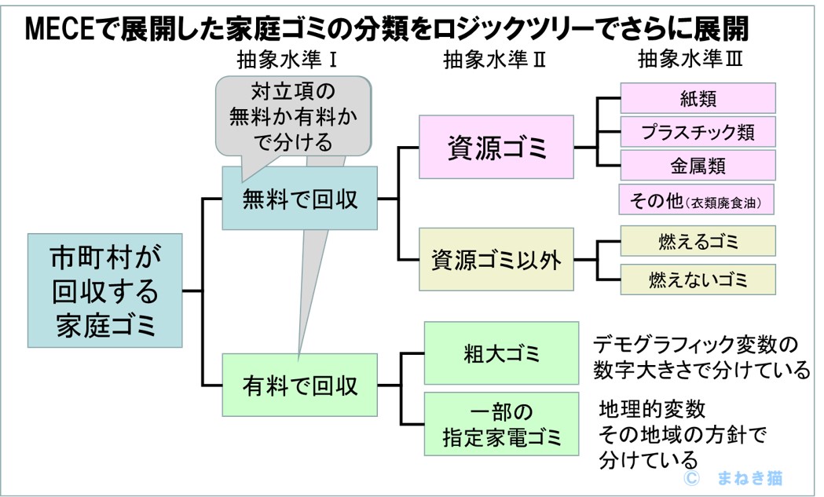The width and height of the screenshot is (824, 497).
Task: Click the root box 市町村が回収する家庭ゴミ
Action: (x=105, y=290)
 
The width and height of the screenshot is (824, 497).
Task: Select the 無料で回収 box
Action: (x=300, y=198)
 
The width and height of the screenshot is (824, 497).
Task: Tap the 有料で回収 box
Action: (x=300, y=384)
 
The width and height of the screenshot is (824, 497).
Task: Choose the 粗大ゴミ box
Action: (x=502, y=353)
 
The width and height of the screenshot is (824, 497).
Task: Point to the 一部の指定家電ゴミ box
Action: (x=502, y=424)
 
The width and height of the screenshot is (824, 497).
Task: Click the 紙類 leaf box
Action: (x=698, y=98)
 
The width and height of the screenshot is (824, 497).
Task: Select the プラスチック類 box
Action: (x=698, y=132)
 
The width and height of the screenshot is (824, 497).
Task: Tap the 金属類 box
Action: (x=698, y=166)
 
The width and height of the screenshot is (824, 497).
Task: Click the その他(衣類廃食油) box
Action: (x=698, y=200)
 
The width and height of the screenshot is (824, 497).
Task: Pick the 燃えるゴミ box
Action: (x=698, y=241)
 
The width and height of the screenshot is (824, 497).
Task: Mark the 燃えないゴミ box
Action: (x=698, y=278)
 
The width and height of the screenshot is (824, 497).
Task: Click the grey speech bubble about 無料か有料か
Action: (x=292, y=115)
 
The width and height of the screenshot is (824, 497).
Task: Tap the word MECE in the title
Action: (x=54, y=29)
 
